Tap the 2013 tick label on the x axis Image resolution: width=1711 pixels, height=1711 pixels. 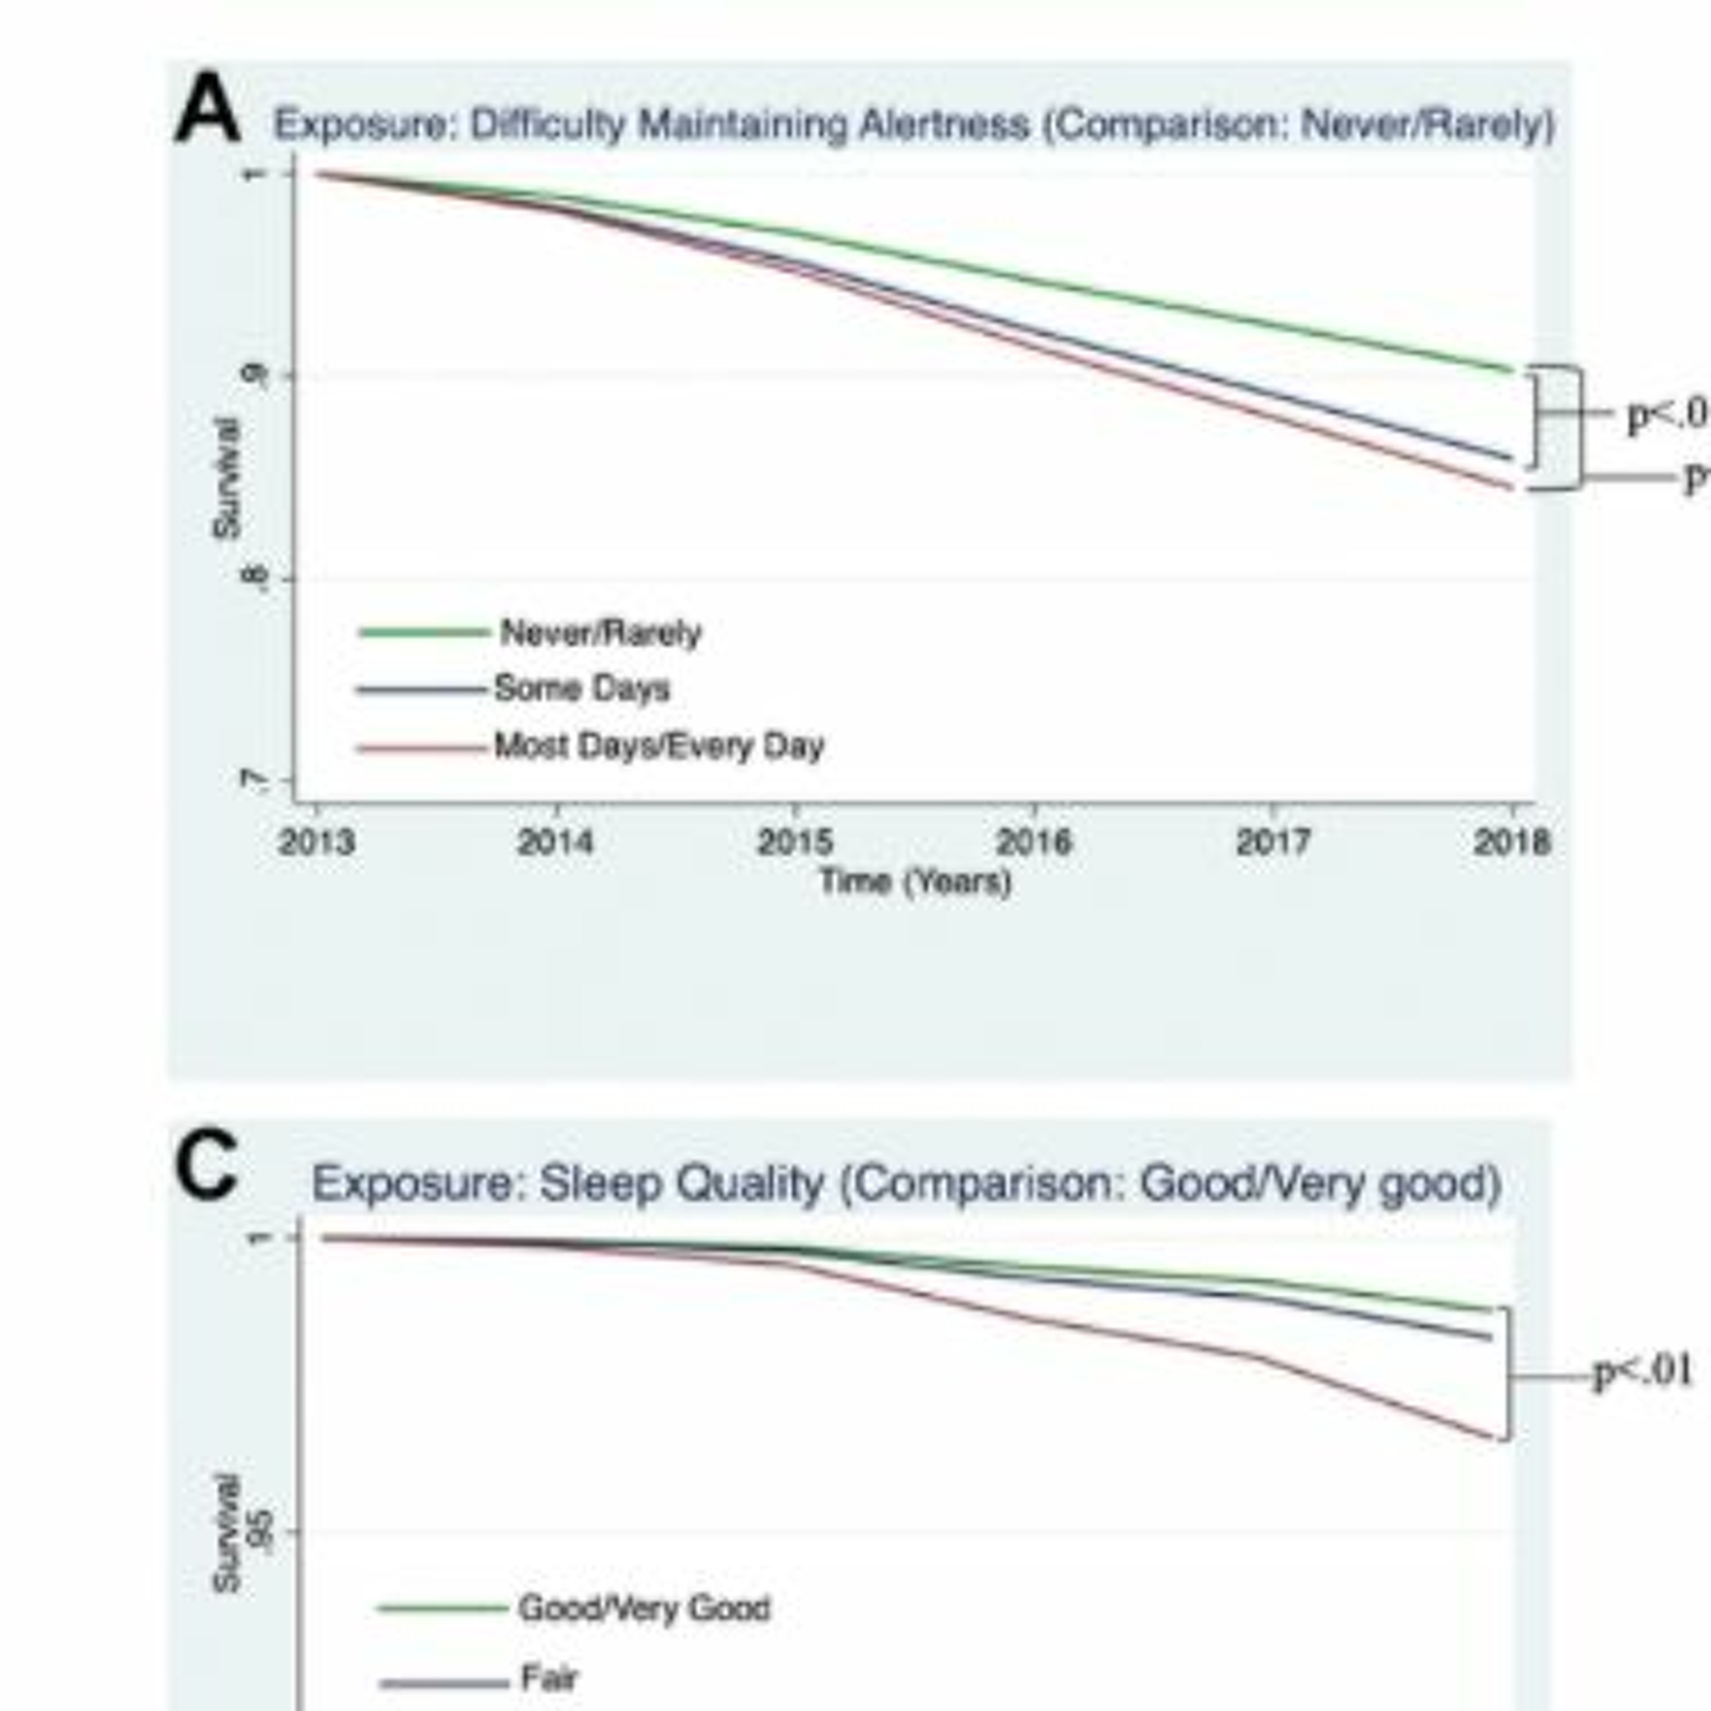click(x=316, y=841)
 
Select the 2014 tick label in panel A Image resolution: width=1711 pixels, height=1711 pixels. click(x=556, y=841)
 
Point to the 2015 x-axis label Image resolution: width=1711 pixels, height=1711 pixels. click(x=794, y=841)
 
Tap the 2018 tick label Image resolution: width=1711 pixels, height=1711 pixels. click(x=1512, y=841)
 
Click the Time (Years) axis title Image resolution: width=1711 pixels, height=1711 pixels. click(x=915, y=882)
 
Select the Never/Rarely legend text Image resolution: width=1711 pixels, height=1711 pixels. click(x=601, y=633)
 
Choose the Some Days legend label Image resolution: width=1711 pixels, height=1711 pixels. click(x=582, y=689)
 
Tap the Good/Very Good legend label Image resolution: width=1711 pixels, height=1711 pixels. click(x=644, y=1607)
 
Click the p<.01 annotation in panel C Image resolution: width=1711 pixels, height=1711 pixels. click(x=1643, y=1372)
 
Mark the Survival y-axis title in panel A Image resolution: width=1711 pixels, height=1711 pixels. click(x=227, y=479)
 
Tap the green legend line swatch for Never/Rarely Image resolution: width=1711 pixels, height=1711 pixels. click(x=423, y=632)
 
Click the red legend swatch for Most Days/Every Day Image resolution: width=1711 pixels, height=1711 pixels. click(x=421, y=748)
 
